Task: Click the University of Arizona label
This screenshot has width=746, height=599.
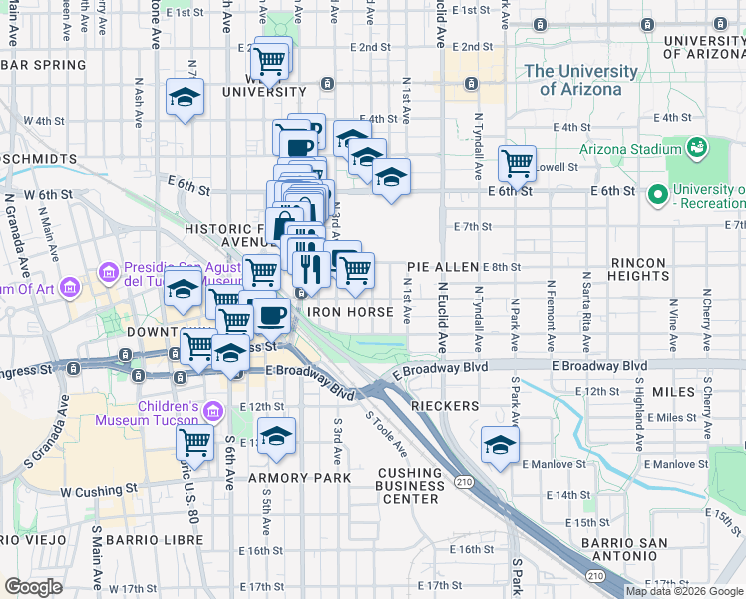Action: click(580, 80)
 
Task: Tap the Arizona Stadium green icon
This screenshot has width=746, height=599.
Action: click(697, 149)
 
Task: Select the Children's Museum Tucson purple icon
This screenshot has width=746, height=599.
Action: click(211, 411)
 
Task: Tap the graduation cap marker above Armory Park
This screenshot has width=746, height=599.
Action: click(276, 436)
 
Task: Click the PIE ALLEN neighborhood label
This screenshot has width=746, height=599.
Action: click(443, 267)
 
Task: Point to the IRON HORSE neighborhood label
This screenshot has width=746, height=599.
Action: click(351, 312)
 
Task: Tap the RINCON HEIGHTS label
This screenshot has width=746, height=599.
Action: click(637, 269)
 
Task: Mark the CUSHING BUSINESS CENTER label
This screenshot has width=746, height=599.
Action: click(411, 486)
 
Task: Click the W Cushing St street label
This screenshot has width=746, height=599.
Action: click(97, 491)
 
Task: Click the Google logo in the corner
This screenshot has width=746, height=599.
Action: click(33, 587)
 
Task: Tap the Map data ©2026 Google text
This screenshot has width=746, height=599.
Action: click(684, 591)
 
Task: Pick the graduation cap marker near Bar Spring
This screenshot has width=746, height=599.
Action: click(185, 97)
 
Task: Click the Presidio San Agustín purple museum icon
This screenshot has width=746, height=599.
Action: click(109, 271)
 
